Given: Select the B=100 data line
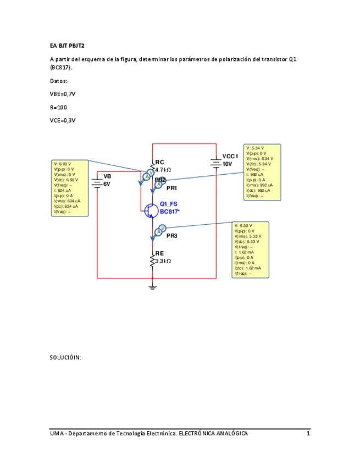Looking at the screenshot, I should (58, 107).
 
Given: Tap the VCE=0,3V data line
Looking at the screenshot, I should (62, 120).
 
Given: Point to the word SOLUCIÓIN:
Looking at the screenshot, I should (65, 358).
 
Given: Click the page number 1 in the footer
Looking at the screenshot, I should (308, 434).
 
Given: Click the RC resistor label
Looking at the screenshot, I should (159, 162).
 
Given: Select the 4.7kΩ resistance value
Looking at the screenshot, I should (163, 170).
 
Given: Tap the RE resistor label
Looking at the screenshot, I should (159, 253).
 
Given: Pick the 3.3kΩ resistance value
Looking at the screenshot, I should (163, 261).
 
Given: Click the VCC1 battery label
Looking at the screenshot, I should (230, 157).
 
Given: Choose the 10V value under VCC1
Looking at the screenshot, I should (227, 164).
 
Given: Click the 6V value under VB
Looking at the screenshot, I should (107, 184).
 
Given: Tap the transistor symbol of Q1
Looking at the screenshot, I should (149, 210).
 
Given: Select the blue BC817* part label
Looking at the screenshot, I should (170, 212).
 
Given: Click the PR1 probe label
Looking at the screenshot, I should (171, 188).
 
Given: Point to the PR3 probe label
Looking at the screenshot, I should (171, 236).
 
